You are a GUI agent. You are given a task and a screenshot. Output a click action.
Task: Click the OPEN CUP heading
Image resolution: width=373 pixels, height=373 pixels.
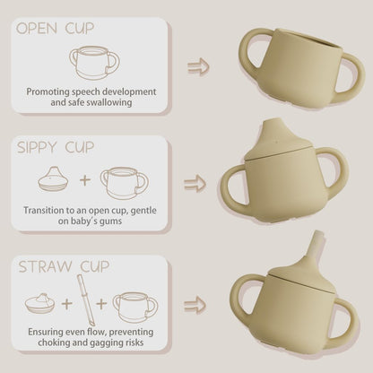pyautogui.click(x=56, y=28)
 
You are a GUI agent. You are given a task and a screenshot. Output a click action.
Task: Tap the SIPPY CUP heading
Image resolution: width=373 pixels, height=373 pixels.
pyautogui.click(x=56, y=147)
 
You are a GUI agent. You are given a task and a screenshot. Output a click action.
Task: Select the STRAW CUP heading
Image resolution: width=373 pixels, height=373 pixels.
pyautogui.click(x=64, y=266)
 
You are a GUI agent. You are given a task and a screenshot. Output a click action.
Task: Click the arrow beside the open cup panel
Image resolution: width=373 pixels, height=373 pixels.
pyautogui.click(x=198, y=66)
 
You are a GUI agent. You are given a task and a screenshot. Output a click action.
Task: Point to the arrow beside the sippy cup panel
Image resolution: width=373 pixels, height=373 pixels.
pyautogui.click(x=195, y=184)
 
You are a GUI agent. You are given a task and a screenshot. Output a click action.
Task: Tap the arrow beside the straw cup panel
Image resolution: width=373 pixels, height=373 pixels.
pyautogui.click(x=195, y=305)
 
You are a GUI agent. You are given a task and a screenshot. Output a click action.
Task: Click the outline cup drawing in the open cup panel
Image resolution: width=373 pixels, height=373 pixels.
pyautogui.click(x=94, y=63)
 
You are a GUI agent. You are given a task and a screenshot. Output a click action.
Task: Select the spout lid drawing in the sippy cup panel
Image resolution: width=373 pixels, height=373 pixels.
pyautogui.click(x=54, y=179)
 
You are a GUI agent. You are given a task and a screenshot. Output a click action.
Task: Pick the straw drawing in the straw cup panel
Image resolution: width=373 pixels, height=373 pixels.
pyautogui.click(x=85, y=300)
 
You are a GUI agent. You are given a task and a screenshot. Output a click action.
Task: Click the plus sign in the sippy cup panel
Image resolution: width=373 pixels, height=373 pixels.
pyautogui.click(x=85, y=180)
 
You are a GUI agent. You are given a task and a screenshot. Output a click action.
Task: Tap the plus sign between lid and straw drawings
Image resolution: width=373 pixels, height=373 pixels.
pyautogui.click(x=67, y=304)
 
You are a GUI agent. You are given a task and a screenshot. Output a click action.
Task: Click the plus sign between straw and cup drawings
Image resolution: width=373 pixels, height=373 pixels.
pyautogui.click(x=101, y=304)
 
